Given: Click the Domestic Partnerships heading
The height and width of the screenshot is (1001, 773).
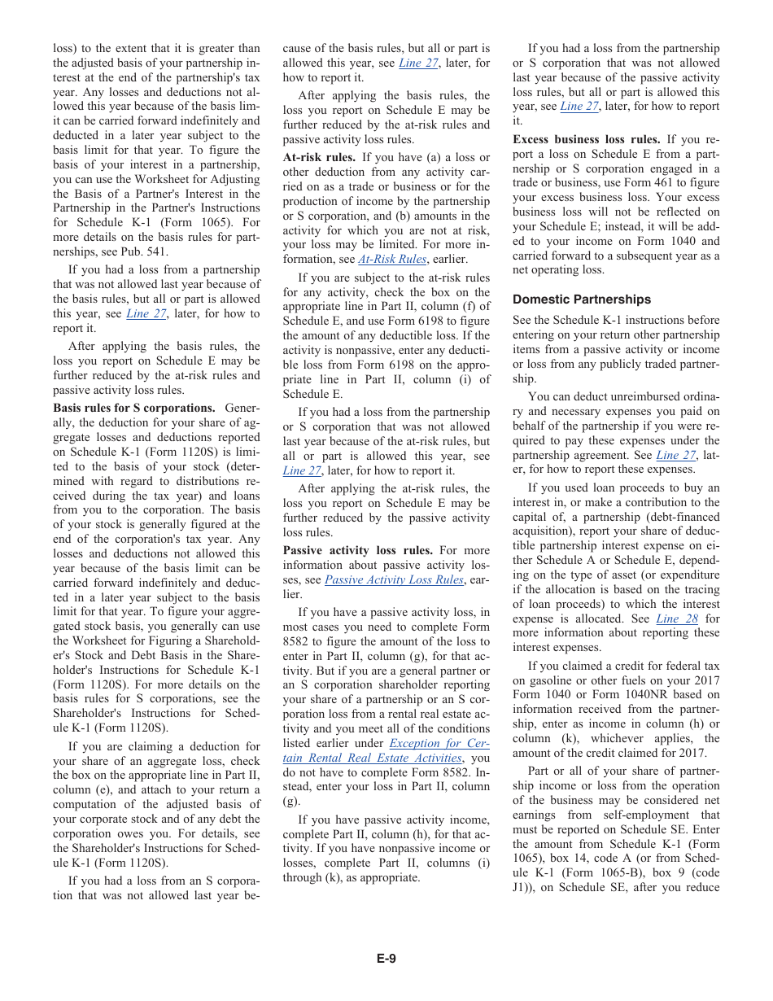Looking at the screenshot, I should [582, 299].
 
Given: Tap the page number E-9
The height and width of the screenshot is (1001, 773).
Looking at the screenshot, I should [386, 959].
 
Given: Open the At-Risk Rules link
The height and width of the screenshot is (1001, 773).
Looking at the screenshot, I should [392, 260].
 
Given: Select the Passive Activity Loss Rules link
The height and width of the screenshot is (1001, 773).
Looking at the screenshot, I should [395, 579].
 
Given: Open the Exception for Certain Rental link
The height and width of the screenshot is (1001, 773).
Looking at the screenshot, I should [439, 743].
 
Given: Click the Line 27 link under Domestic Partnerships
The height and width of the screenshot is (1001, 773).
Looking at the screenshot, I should [676, 455].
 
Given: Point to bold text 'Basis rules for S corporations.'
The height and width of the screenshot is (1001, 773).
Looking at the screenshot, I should [134, 408].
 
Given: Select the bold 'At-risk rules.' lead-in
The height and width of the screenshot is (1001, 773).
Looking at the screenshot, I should [319, 157].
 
